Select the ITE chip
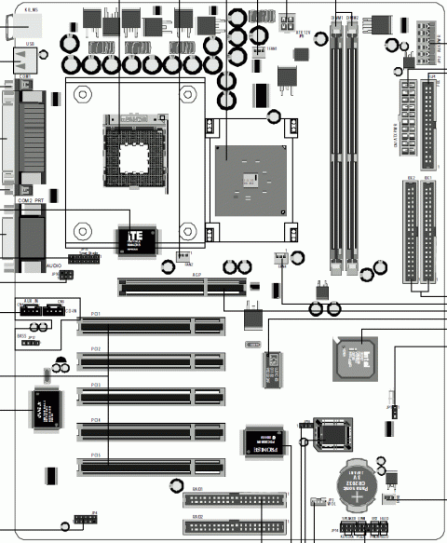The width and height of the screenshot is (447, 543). [136, 239]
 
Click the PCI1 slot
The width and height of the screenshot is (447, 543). [151, 326]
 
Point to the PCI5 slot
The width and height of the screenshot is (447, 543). [151, 463]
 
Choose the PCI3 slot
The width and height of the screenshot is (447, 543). [151, 396]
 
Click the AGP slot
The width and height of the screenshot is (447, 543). [183, 285]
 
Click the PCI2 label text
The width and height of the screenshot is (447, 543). [98, 346]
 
